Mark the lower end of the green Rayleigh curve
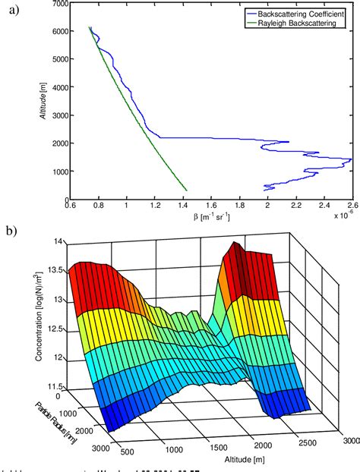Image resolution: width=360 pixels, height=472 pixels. pyautogui.click(x=187, y=190)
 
